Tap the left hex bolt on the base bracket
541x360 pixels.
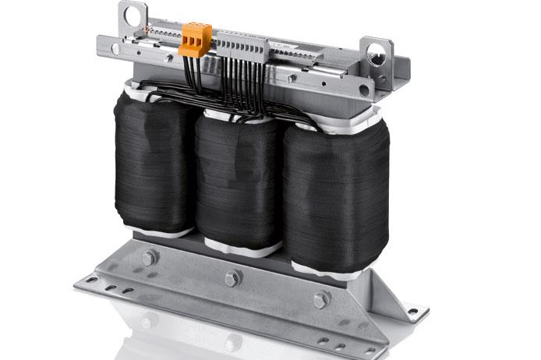coord(149,257)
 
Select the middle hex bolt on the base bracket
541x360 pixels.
coord(232,277)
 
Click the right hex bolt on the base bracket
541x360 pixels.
coord(321,299)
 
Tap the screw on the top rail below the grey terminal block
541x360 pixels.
coord(292,78)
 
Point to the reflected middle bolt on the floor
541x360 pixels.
coord(232,341)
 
